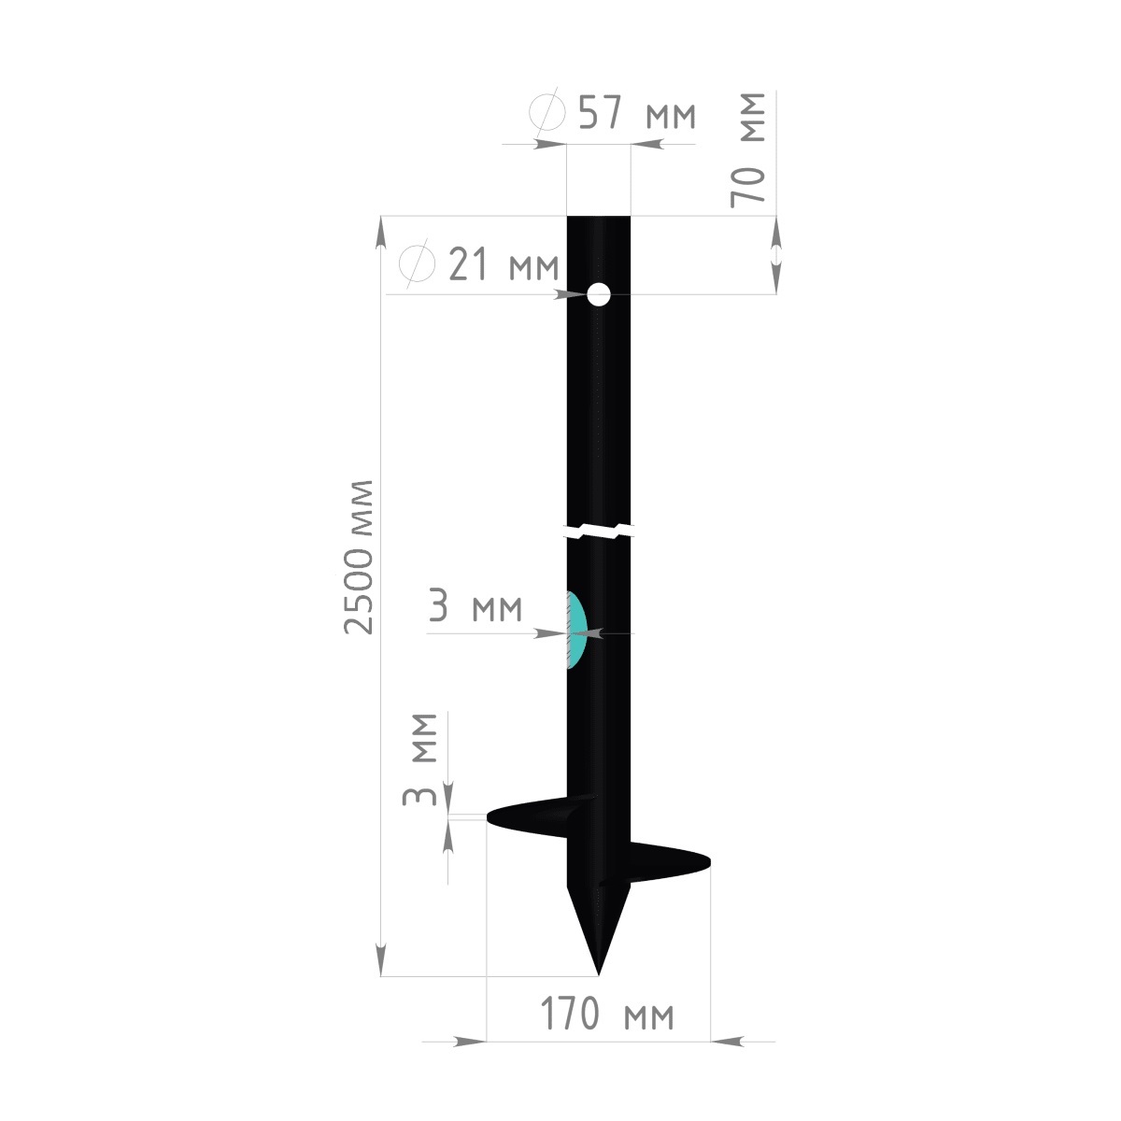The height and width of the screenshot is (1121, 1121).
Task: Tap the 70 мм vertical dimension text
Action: (x=748, y=149)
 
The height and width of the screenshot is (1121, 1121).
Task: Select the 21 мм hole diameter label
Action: (x=504, y=263)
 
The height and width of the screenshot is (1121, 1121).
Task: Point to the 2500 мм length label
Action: (x=359, y=557)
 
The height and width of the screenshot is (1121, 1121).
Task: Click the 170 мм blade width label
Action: (x=607, y=1013)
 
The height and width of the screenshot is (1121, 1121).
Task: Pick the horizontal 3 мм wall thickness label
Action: (x=475, y=605)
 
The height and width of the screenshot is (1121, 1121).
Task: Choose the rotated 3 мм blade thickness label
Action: (x=420, y=759)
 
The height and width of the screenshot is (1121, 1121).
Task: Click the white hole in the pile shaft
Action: (x=599, y=294)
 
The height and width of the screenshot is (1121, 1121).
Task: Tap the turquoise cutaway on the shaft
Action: (x=576, y=630)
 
